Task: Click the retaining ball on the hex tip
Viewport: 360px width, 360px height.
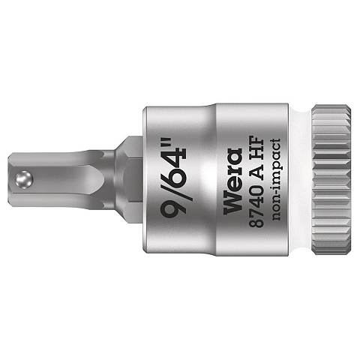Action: (24, 179)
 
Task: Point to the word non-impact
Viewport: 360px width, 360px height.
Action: (275, 179)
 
